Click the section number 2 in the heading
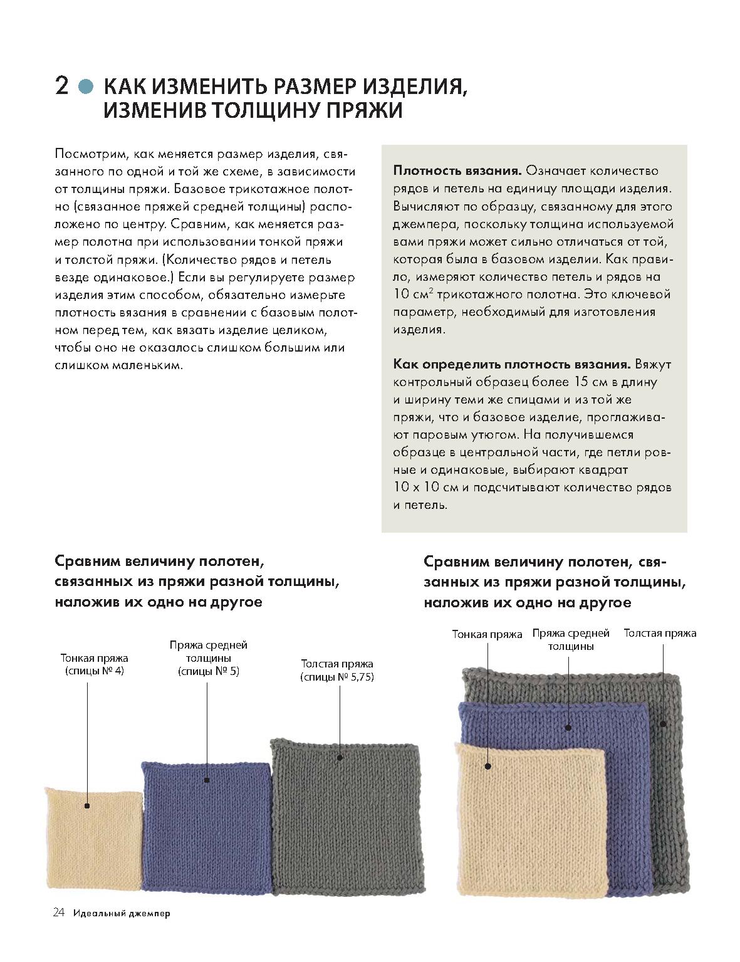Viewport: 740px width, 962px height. click(x=62, y=85)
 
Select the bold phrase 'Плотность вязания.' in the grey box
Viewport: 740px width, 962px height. click(x=457, y=170)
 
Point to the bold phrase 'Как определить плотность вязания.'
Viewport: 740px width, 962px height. click(x=512, y=364)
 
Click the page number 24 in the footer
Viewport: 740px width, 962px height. click(x=58, y=930)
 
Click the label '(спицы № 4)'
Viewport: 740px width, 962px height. click(x=94, y=671)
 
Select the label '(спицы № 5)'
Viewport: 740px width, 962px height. click(x=209, y=671)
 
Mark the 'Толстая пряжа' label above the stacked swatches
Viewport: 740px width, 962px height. click(x=660, y=632)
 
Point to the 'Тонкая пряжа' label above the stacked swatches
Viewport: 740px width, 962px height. click(x=487, y=634)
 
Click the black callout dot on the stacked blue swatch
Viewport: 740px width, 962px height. click(x=568, y=728)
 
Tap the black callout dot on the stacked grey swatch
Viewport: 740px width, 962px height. click(x=663, y=724)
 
